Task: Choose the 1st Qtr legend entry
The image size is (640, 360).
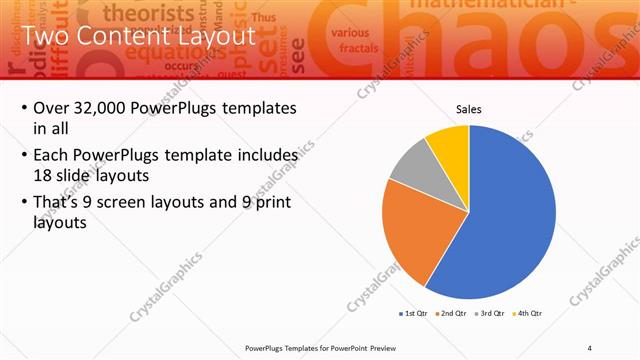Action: [415, 313]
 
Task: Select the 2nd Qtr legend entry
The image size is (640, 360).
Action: [453, 313]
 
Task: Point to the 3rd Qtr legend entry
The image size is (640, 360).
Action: [491, 313]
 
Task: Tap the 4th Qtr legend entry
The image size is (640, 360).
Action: [528, 313]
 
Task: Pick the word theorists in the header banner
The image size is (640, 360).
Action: [150, 13]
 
